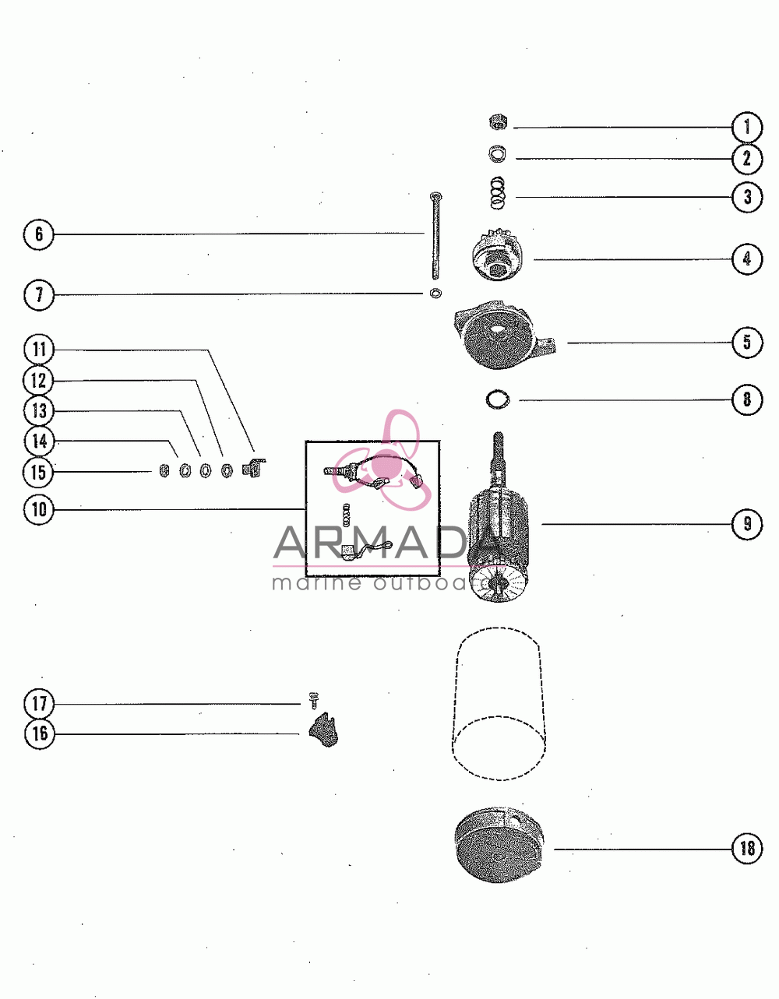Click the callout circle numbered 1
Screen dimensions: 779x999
(747, 127)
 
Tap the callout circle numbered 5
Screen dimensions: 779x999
(747, 342)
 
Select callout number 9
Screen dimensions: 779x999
(747, 523)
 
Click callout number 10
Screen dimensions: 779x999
(39, 509)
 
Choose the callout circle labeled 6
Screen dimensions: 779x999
(39, 234)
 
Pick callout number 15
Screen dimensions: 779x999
(39, 472)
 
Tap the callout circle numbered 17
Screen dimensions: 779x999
(39, 703)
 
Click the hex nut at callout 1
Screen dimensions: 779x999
(498, 122)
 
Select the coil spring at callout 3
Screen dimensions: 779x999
(498, 192)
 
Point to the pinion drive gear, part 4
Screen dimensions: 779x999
(498, 259)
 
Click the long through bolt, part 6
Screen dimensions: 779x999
(435, 236)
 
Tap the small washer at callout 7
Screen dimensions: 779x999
(435, 293)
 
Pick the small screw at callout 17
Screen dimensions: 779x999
(314, 700)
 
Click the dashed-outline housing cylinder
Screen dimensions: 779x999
(499, 703)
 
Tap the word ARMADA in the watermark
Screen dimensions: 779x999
(389, 543)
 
